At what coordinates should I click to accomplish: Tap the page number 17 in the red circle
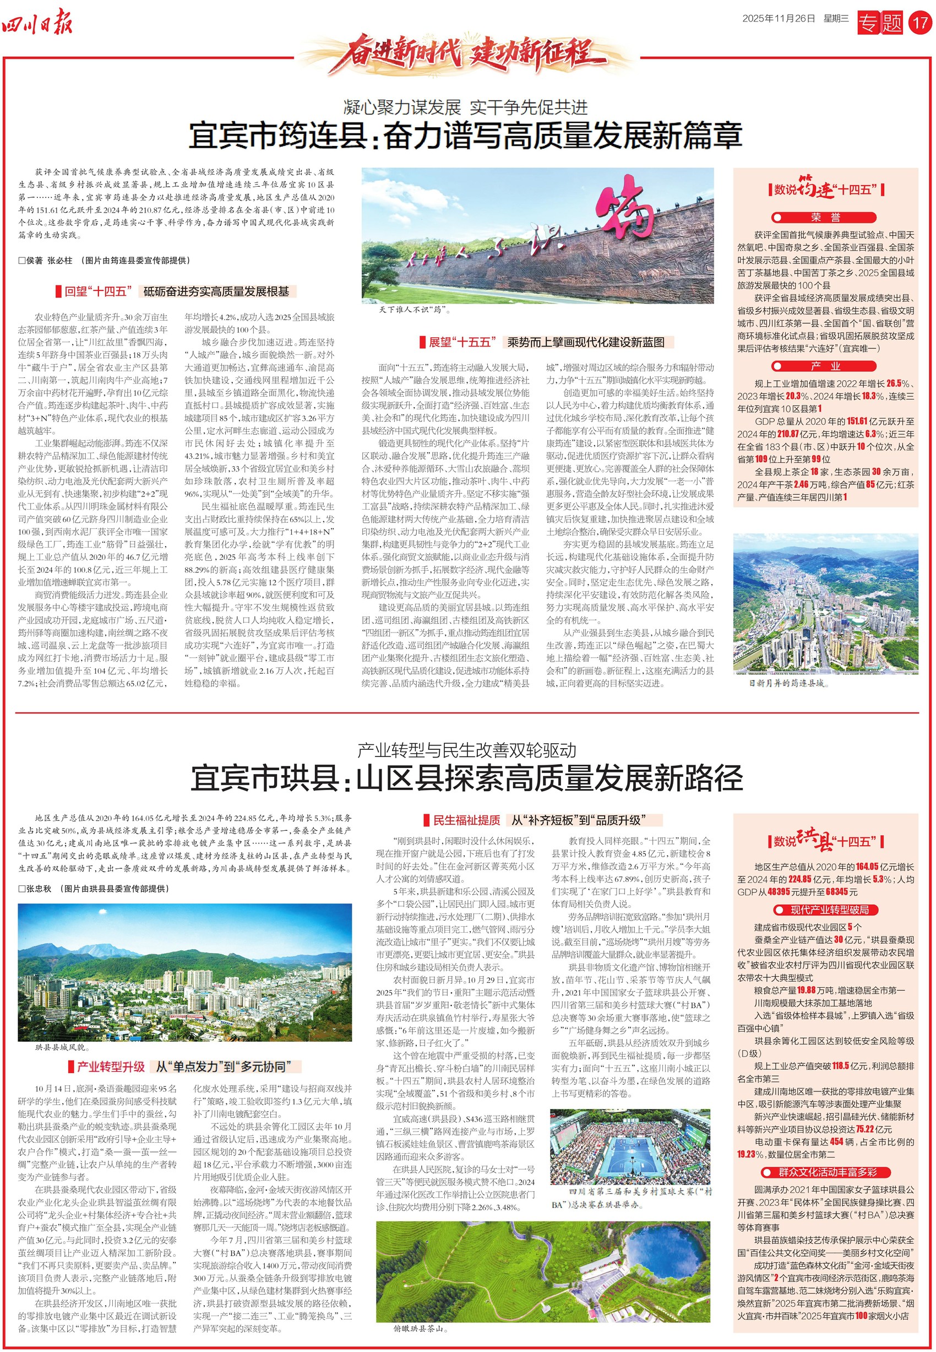[x=920, y=23]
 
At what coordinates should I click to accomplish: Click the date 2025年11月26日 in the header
[x=778, y=19]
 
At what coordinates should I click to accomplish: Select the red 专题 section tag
[x=880, y=24]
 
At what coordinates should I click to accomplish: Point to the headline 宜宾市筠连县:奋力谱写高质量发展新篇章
[x=466, y=136]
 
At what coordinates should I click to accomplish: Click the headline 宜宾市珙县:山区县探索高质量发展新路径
[x=467, y=778]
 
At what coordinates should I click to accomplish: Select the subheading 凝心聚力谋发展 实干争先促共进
[x=466, y=107]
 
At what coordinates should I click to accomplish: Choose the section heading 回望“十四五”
[x=96, y=291]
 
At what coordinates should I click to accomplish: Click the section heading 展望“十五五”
[x=462, y=342]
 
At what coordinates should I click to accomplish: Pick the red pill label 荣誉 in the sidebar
[x=825, y=218]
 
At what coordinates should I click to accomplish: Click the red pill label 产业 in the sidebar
[x=825, y=366]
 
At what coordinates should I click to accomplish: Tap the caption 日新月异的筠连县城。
[x=788, y=683]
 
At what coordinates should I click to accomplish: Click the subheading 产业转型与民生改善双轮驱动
[x=467, y=750]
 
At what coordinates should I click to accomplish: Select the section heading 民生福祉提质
[x=466, y=820]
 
